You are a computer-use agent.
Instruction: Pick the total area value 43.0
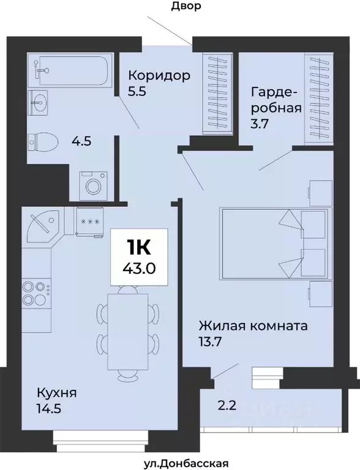click(138, 267)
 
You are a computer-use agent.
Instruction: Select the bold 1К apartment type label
click(138, 247)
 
